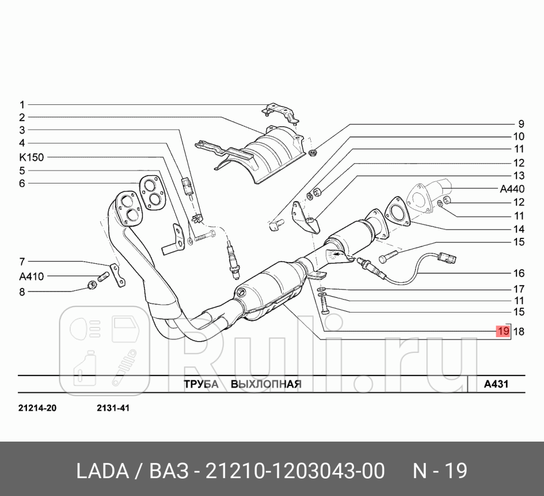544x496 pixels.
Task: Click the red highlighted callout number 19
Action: point(502,332)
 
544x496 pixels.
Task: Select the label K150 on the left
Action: point(31,158)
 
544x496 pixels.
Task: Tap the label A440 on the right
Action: point(512,189)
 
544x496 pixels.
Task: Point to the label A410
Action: point(31,276)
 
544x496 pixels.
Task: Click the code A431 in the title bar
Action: point(496,384)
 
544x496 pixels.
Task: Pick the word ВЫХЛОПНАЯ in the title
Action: point(267,384)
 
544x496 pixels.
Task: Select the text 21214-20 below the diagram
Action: point(37,408)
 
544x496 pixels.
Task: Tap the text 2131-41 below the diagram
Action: point(113,408)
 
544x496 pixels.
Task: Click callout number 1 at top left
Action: point(22,104)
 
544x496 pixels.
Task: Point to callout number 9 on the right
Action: point(520,124)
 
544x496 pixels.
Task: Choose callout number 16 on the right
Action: point(518,273)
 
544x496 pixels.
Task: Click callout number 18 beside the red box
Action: point(518,332)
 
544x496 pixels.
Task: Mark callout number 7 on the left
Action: point(22,261)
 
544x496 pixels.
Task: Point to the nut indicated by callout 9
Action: point(313,152)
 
